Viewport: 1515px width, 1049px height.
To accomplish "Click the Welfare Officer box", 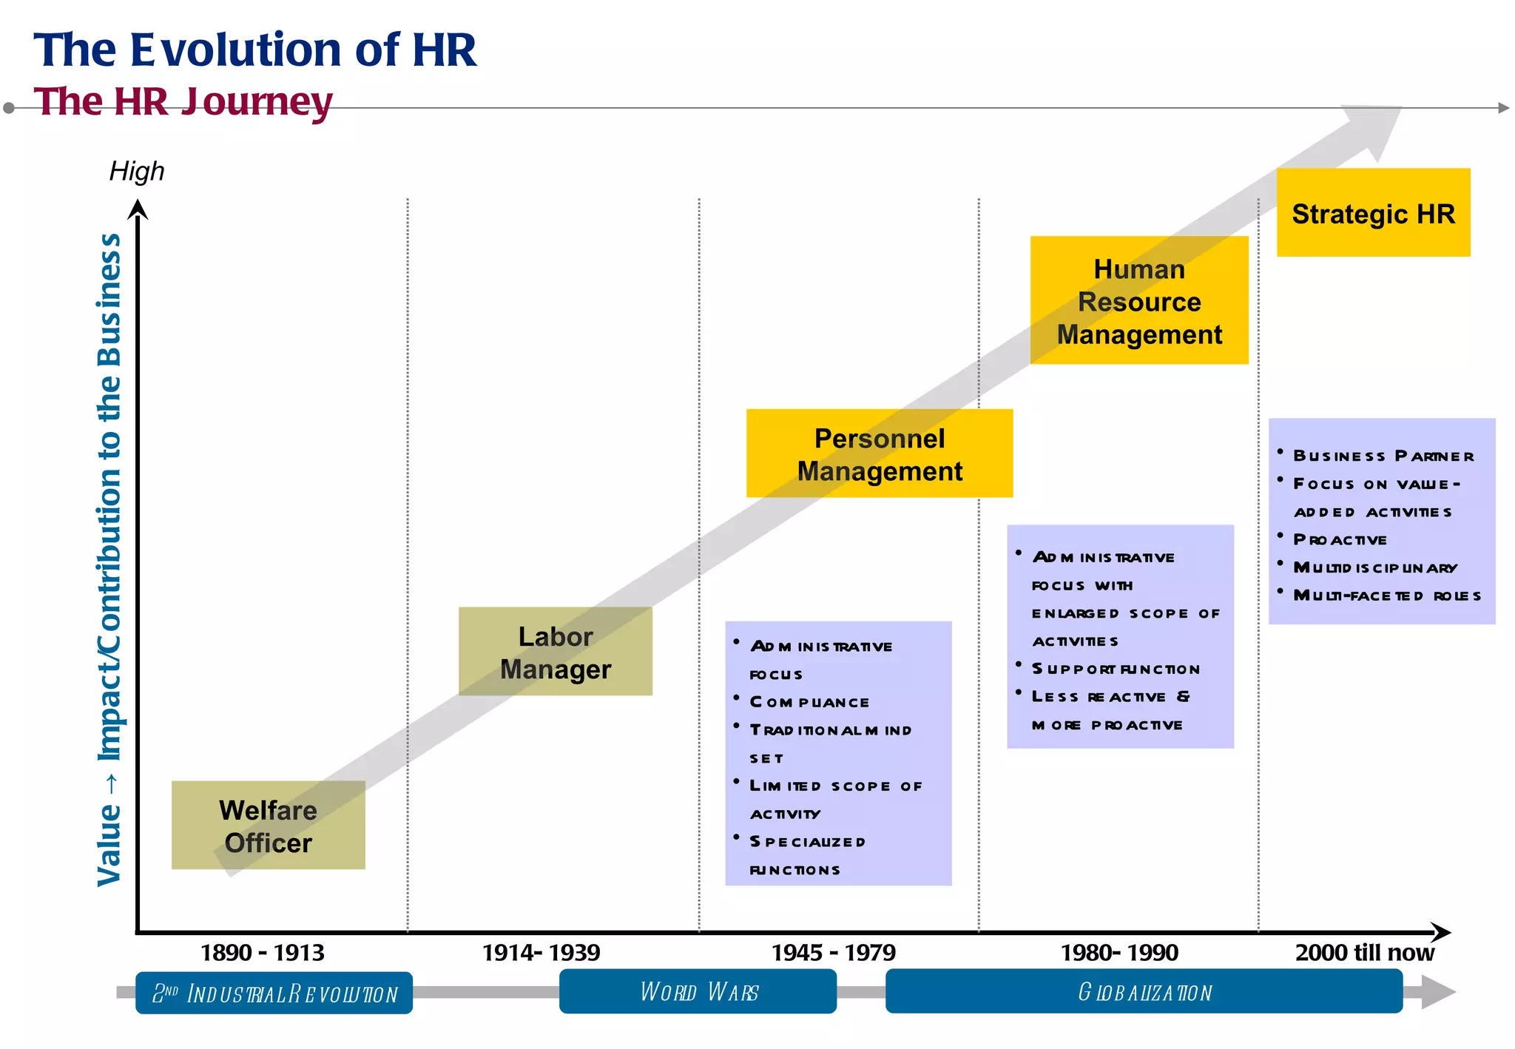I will point(268,825).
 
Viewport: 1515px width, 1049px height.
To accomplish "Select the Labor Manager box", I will point(555,651).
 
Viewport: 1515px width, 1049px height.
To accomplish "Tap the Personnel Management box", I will point(879,453).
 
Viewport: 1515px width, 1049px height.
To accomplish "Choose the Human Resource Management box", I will point(1138,300).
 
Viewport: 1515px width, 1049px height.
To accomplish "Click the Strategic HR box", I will point(1373,213).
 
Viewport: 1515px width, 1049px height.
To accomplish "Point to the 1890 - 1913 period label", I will point(262,952).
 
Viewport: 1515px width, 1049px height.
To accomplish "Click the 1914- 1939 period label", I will point(541,952).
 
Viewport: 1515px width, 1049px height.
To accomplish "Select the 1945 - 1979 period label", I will point(833,952).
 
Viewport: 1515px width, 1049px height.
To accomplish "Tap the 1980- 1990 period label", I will point(1118,952).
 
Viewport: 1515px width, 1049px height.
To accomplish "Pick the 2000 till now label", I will point(1364,952).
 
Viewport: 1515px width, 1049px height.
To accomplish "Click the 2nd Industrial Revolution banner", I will point(274,993).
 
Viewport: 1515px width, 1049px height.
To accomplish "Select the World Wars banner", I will point(698,991).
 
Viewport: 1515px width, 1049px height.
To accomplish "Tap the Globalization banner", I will point(1144,991).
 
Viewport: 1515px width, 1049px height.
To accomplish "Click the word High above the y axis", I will point(137,171).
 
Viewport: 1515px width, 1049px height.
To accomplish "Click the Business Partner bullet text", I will point(1383,456).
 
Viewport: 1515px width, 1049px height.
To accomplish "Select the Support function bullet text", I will point(1115,669).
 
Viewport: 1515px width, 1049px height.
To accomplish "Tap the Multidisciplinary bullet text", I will point(1374,567).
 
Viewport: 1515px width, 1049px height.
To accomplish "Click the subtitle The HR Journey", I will point(183,101).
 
